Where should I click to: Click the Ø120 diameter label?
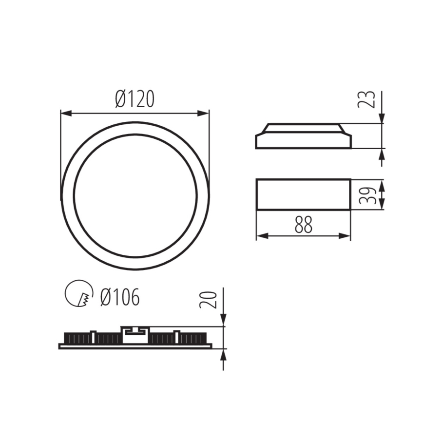(135, 99)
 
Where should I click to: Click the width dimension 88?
(303, 225)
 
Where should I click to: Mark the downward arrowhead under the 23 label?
(382, 118)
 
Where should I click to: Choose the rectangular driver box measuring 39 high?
(303, 194)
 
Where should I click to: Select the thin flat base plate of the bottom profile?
(135, 346)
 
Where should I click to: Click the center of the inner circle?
(135, 195)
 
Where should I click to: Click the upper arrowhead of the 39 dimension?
(382, 185)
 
